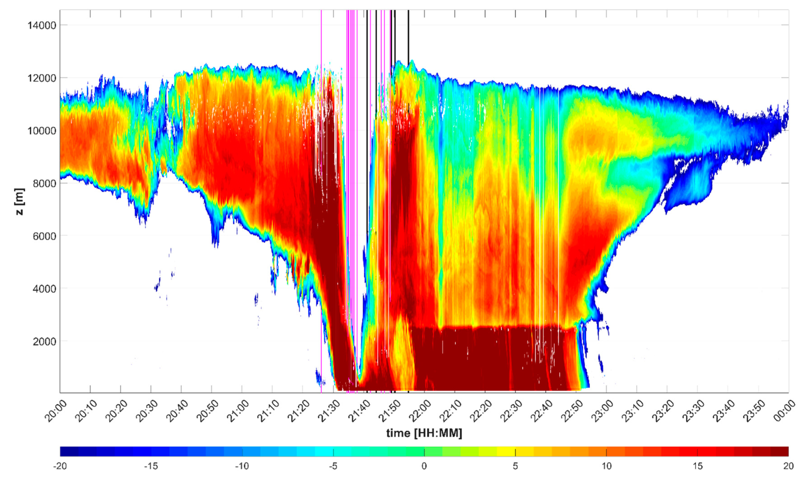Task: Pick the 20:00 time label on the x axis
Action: [56, 411]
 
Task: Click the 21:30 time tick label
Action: [329, 411]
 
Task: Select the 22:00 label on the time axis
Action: [420, 411]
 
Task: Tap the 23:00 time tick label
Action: [602, 411]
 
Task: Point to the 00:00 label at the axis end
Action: [784, 411]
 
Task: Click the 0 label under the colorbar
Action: [424, 466]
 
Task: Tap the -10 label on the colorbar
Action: [242, 466]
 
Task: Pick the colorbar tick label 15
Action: [697, 466]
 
